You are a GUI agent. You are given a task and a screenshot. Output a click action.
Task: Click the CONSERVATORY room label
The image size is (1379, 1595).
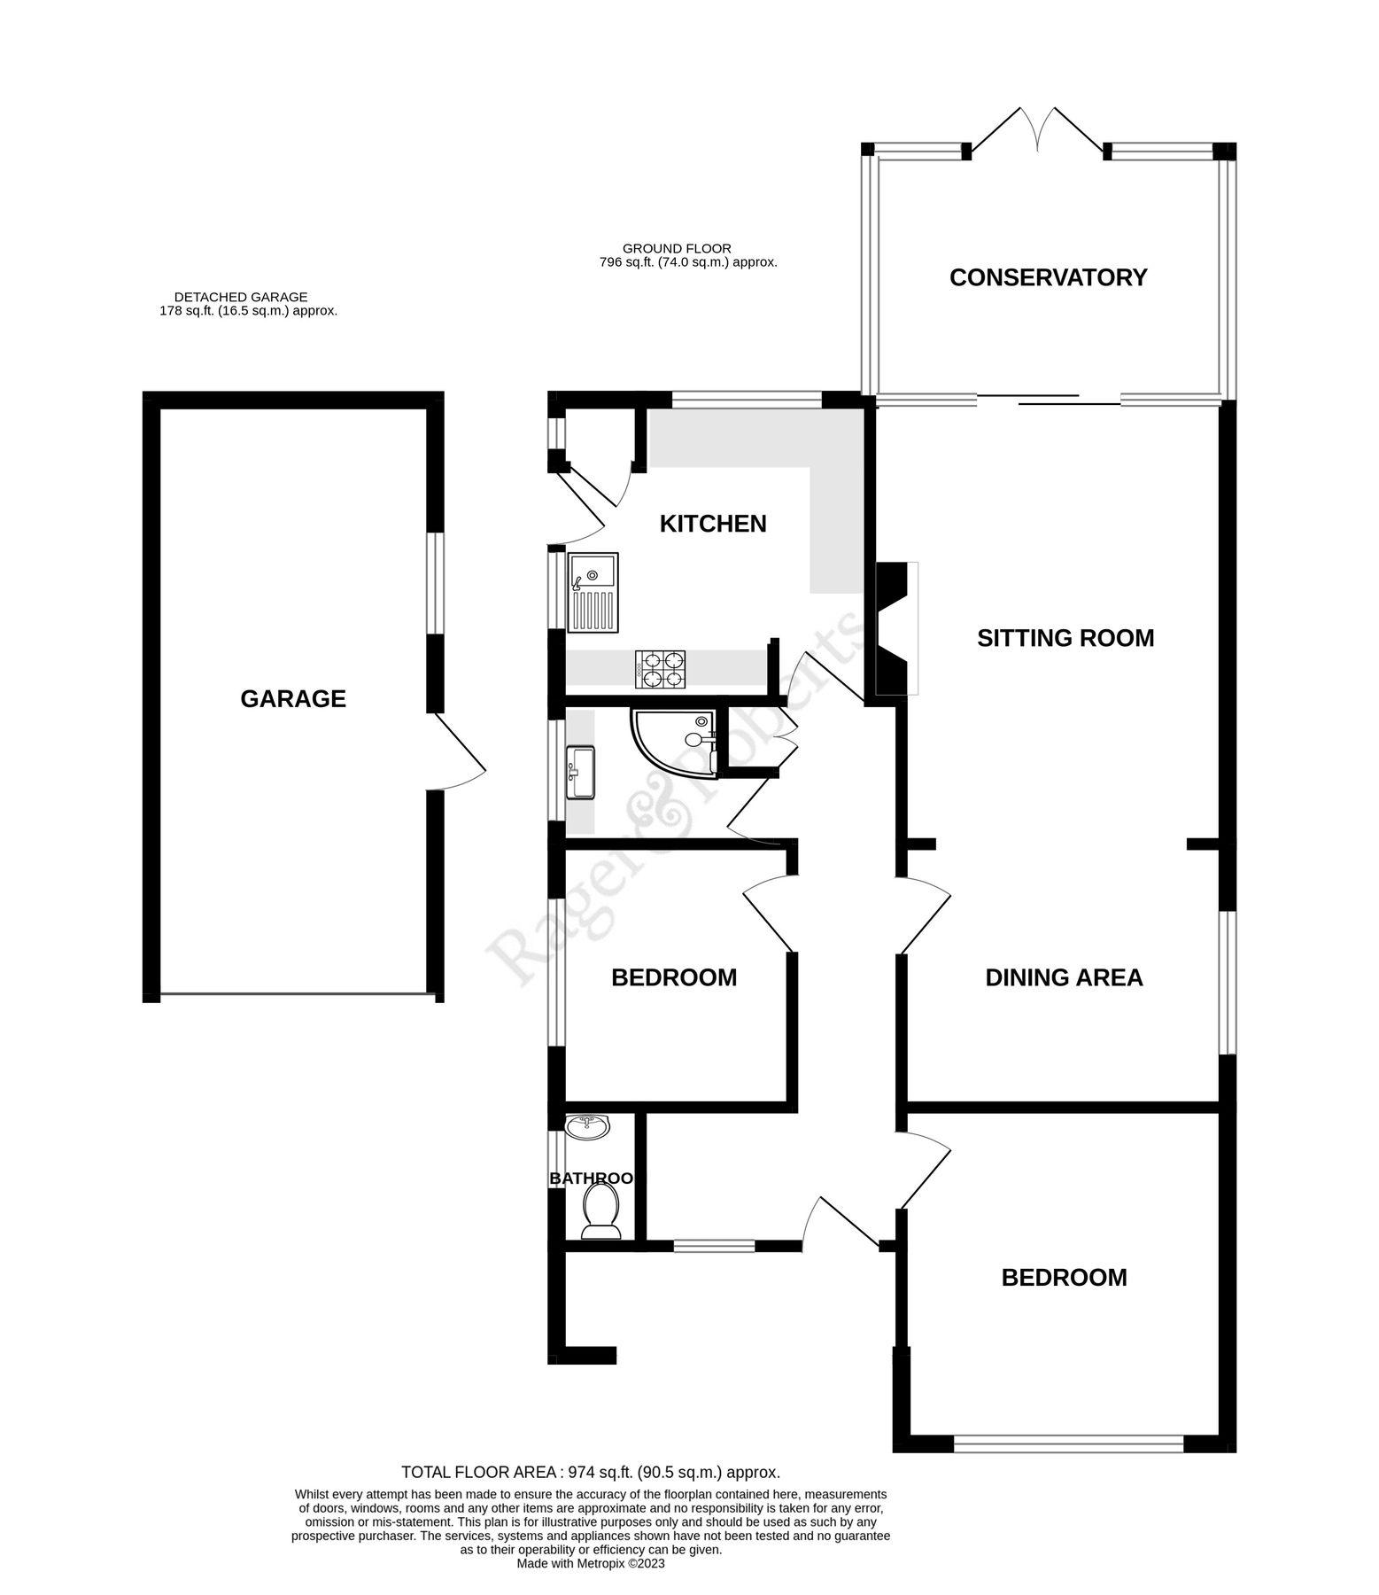click(x=1048, y=278)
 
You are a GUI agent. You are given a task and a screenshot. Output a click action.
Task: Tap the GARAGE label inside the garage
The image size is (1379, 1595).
click(x=293, y=699)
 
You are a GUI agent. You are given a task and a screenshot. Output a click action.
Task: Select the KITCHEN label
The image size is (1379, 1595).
click(x=713, y=524)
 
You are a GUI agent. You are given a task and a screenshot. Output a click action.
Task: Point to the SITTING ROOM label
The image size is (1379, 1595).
click(x=1065, y=638)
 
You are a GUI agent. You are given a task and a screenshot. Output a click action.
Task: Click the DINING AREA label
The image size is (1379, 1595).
click(x=1064, y=977)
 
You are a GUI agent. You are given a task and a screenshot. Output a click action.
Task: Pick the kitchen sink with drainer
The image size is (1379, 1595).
click(x=593, y=593)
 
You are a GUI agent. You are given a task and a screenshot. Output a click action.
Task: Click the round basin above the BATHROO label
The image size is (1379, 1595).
click(x=587, y=1128)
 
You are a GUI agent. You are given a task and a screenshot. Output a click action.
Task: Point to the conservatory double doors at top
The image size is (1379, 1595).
click(x=1035, y=133)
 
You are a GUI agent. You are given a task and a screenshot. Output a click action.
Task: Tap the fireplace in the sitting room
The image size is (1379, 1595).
click(x=895, y=629)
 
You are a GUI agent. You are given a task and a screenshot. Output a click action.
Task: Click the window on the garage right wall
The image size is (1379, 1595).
click(x=434, y=583)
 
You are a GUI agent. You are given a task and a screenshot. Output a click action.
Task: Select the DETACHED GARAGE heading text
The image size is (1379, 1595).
click(x=241, y=298)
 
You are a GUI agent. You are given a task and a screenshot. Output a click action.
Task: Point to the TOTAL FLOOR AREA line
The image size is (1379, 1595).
click(x=591, y=1473)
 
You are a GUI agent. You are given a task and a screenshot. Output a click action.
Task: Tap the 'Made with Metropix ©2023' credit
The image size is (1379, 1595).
click(x=591, y=1564)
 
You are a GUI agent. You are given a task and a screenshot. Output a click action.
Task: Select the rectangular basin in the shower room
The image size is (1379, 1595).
click(x=581, y=773)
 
